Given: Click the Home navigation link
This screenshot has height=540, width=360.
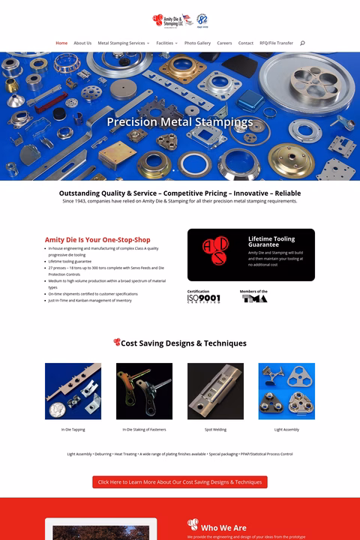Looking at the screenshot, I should (x=61, y=43).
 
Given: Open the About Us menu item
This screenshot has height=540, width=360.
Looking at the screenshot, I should (x=82, y=43).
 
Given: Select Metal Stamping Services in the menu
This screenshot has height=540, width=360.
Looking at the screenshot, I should (x=123, y=43).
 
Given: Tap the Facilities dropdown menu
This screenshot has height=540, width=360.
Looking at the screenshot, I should (x=166, y=43).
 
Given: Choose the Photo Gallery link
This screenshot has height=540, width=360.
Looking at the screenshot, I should (x=197, y=43).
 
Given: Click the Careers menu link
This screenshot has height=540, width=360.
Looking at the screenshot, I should (x=224, y=43).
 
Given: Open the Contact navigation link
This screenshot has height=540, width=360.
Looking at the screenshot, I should (x=245, y=43).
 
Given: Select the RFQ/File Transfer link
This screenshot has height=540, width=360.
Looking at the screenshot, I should (x=276, y=43).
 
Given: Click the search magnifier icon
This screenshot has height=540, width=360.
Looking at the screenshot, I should (x=302, y=43).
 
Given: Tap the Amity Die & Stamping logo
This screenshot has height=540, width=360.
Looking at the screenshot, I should (x=172, y=20).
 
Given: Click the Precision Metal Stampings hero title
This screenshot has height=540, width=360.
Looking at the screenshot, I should (x=180, y=121).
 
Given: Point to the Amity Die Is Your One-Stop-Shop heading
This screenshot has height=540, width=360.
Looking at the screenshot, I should (x=97, y=240).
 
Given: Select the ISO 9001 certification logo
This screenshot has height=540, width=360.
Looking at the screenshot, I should (x=204, y=298).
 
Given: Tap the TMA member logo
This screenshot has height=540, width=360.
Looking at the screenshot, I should (x=254, y=298).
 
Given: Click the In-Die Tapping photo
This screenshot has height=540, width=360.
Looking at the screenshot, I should (x=73, y=391).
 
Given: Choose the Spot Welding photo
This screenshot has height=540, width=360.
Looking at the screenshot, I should (x=215, y=391).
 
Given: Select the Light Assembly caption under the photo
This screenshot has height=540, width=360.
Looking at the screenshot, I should (x=286, y=430).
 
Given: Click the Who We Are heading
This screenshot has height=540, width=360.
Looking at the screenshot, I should (x=223, y=528).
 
